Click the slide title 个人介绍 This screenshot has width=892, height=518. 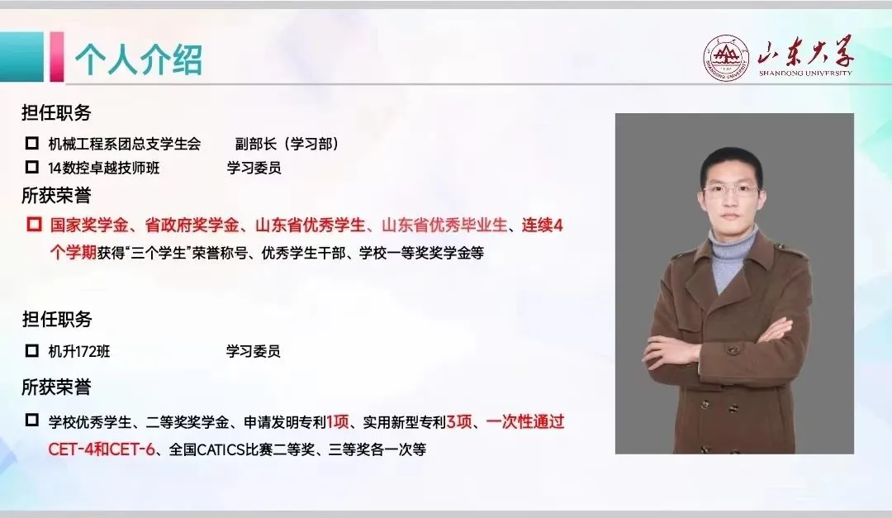(139, 59)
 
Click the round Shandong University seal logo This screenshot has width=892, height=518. (726, 58)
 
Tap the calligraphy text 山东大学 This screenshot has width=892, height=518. (805, 52)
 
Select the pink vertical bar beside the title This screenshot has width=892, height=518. (57, 56)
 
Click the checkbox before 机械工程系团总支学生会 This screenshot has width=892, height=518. (32, 143)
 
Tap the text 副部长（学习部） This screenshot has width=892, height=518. (287, 144)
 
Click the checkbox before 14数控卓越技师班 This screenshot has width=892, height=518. (32, 167)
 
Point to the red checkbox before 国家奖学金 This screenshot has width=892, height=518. (34, 224)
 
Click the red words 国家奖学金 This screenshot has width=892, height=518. (89, 226)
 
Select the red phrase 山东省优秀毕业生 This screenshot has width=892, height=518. (444, 226)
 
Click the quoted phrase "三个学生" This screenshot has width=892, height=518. (159, 253)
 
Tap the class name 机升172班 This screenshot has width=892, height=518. (79, 351)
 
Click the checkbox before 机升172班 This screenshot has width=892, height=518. (32, 350)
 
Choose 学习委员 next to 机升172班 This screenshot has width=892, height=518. (254, 351)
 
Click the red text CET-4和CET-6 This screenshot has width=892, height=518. (102, 449)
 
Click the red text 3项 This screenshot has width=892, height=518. (460, 422)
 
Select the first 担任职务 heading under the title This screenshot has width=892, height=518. (56, 112)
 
